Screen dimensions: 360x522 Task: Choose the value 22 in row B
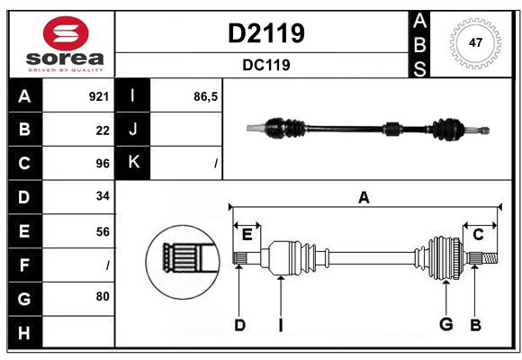pyautogui.click(x=102, y=130)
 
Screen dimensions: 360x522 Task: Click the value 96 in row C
pyautogui.click(x=102, y=164)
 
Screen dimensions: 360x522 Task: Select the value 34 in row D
pyautogui.click(x=102, y=197)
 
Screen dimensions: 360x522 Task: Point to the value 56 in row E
pyautogui.click(x=102, y=231)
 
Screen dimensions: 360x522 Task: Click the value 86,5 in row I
pyautogui.click(x=205, y=95)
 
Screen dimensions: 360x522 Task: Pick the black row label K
pyautogui.click(x=133, y=163)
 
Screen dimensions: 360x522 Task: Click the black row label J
pyautogui.click(x=133, y=130)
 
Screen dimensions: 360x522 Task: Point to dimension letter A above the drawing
pyautogui.click(x=364, y=197)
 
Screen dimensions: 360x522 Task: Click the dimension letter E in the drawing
pyautogui.click(x=247, y=235)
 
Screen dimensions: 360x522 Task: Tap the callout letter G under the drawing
pyautogui.click(x=445, y=325)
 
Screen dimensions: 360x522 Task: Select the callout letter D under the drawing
pyautogui.click(x=239, y=325)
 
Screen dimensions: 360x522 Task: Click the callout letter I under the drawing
pyautogui.click(x=281, y=325)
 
